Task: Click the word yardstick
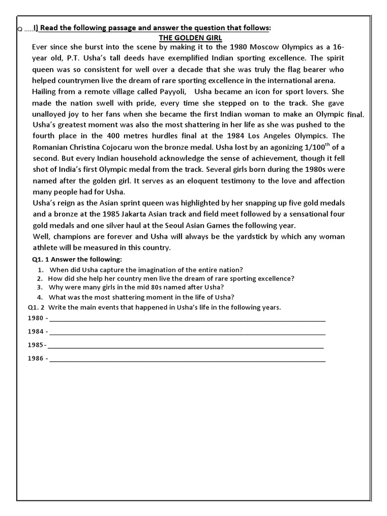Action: click(243, 236)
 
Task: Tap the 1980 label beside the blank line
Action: click(36, 319)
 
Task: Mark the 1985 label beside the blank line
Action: click(36, 346)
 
